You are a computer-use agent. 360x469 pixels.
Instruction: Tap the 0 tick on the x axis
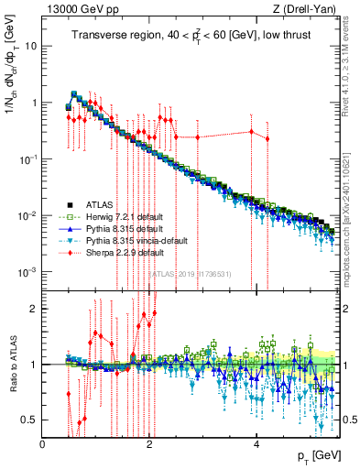[43, 444]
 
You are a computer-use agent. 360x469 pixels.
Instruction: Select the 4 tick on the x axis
[256, 444]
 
